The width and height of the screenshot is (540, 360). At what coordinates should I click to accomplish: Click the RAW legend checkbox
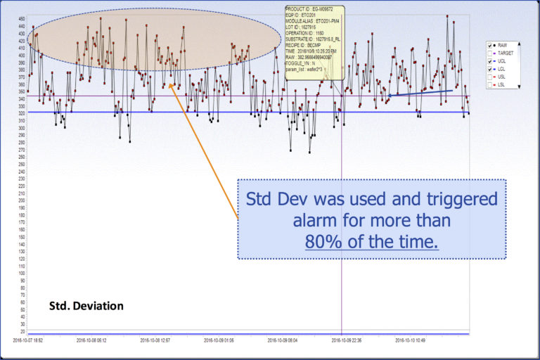coord(490,45)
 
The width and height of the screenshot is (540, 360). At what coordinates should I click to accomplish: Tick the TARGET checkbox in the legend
coord(490,53)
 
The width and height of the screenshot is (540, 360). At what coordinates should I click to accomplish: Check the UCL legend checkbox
coord(490,61)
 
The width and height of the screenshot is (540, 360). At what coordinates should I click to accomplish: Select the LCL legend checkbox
coord(490,69)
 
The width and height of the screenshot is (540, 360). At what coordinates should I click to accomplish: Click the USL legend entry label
coord(503,77)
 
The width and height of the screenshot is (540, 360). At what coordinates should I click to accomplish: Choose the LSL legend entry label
coord(503,84)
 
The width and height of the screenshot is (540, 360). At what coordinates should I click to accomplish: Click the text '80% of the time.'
coord(371,242)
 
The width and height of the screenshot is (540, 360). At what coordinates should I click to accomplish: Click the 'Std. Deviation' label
coord(86,306)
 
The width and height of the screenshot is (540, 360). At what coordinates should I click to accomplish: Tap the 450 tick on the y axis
coord(21,18)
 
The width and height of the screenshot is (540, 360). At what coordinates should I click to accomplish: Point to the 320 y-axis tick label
coord(21,112)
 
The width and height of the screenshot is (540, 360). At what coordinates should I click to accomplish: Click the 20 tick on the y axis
coord(21,330)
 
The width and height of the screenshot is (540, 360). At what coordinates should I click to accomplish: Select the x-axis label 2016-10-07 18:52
coord(28,340)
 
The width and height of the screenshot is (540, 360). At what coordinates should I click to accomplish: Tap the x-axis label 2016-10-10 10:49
coord(411,340)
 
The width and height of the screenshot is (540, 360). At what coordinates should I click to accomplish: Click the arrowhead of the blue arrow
coord(388,95)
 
